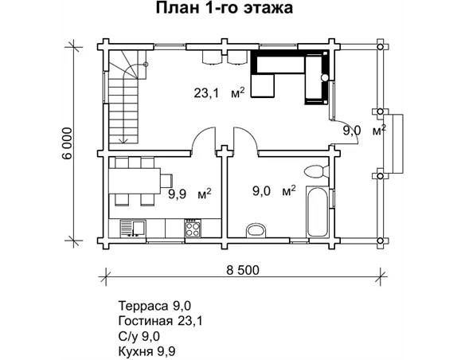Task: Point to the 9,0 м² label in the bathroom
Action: pyautogui.click(x=274, y=190)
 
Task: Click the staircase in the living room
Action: pyautogui.click(x=126, y=100)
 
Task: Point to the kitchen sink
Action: pyautogui.click(x=132, y=229)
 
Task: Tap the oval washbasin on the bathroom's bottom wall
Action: pyautogui.click(x=256, y=230)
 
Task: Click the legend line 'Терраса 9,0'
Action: pyautogui.click(x=154, y=305)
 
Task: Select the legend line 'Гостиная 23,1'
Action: pyautogui.click(x=158, y=320)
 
